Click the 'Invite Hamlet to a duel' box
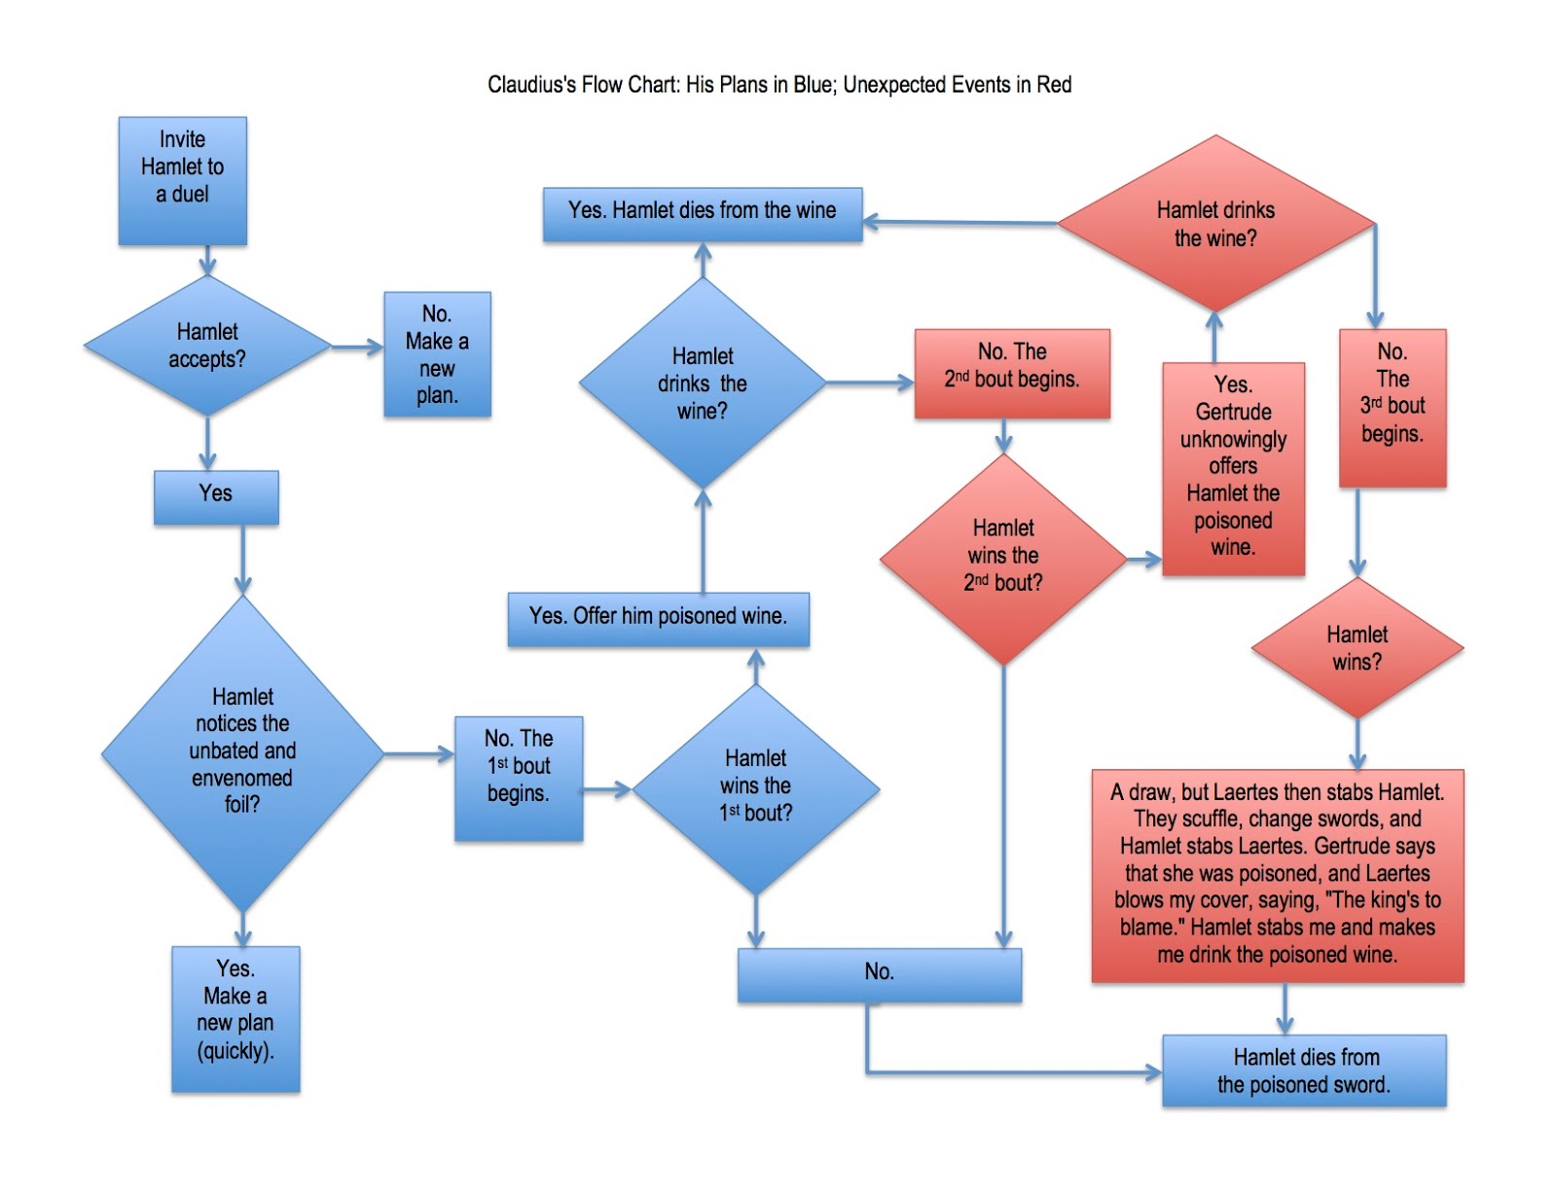(182, 180)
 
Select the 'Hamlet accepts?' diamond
(207, 346)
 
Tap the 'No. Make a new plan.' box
(437, 354)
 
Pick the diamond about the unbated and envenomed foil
(242, 751)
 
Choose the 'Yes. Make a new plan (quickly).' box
(235, 1018)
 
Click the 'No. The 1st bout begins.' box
(519, 779)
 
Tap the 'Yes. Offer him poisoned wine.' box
(658, 618)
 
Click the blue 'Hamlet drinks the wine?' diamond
(703, 383)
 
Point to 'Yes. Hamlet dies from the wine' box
(702, 213)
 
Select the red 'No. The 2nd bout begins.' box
(1012, 373)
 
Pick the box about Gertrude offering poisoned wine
(1233, 468)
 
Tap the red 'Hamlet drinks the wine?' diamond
(1215, 224)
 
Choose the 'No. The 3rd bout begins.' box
(1393, 407)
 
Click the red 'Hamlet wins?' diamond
(1358, 648)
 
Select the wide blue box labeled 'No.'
(879, 973)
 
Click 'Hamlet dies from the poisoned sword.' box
(1304, 1071)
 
